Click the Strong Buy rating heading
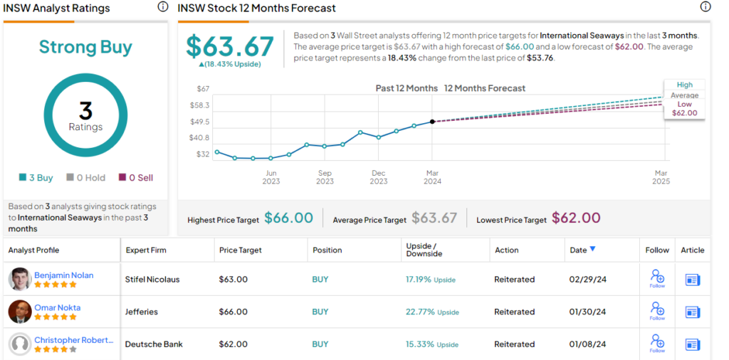85,48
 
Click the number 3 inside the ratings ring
85,111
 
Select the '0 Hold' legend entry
85,178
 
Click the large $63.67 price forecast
229,46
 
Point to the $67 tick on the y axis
204,89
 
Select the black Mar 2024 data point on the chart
432,122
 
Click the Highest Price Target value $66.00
288,218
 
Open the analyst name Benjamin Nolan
63,275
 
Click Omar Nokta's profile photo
19,312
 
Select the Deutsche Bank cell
154,344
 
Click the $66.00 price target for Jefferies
233,312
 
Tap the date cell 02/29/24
588,280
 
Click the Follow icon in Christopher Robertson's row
656,342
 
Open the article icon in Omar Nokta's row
692,312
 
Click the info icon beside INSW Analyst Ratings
162,7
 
